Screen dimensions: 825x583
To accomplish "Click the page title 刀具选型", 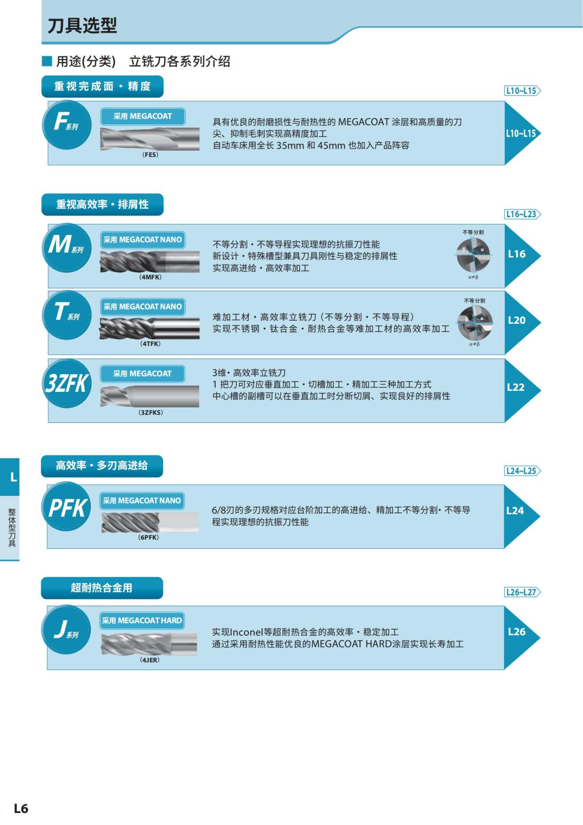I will coord(82,25).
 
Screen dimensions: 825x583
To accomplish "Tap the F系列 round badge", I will coord(67,124).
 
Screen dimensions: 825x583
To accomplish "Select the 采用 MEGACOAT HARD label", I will coord(142,620).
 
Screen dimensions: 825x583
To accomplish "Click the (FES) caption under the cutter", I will coord(150,155).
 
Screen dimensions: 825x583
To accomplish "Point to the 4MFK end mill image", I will coord(150,262).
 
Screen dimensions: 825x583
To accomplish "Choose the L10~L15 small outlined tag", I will coord(522,90).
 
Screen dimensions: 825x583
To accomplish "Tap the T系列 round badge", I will coord(67,314).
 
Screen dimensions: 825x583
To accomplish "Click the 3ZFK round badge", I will coord(67,383).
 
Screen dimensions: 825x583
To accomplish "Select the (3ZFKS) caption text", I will coord(151,412).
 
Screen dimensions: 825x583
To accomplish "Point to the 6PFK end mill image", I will coord(150,522).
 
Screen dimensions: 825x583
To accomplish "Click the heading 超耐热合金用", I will coord(102,588).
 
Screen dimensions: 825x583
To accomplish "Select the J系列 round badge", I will coord(67,630).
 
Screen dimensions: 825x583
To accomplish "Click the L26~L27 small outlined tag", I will coord(522,592).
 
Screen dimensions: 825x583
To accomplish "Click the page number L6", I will coord(21,808).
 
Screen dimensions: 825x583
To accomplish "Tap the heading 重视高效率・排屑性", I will coord(102,205).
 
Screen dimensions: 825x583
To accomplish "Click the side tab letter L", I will coord(13,477).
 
